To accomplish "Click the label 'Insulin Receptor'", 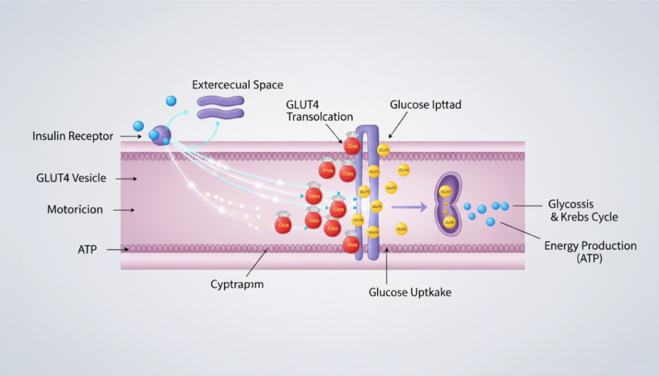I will click(x=73, y=136).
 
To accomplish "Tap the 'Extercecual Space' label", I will click(x=237, y=85).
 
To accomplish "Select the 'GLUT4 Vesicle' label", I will click(x=71, y=178).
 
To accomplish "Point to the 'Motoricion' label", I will click(x=75, y=210).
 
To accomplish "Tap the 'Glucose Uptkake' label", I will click(x=410, y=292).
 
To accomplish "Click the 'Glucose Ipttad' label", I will click(x=425, y=105).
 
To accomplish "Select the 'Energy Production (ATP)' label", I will click(x=590, y=252).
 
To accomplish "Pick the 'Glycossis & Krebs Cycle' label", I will click(x=582, y=210).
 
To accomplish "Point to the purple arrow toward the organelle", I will click(x=409, y=207).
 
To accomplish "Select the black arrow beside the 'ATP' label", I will click(x=116, y=249).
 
